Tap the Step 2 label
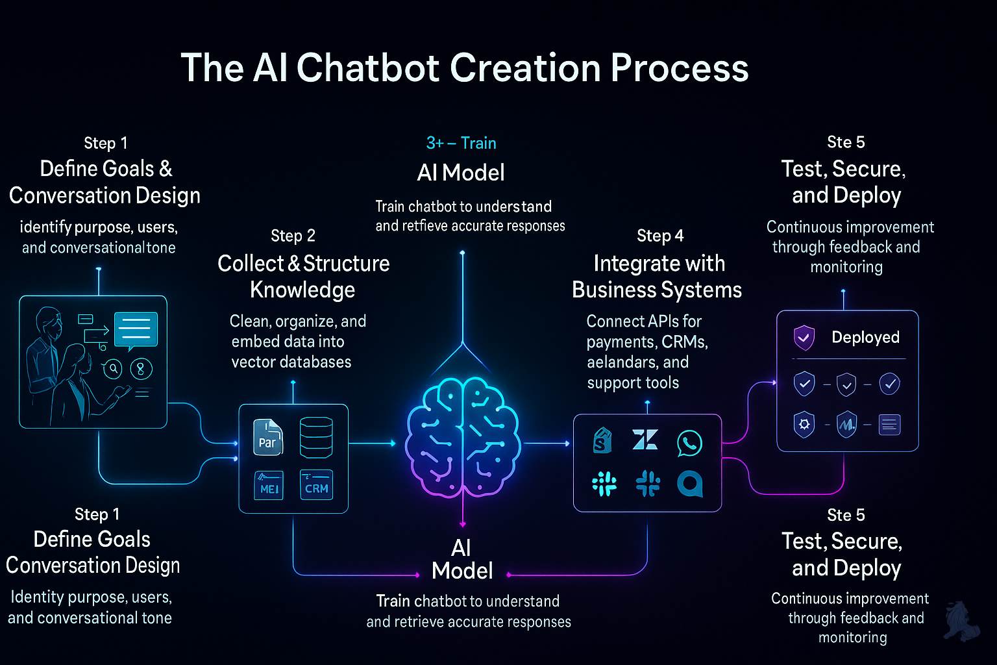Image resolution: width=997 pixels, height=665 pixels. click(293, 236)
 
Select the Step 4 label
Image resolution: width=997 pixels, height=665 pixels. click(660, 236)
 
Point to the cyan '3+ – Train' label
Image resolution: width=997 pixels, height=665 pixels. click(461, 143)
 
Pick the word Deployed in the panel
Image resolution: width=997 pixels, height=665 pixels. click(865, 337)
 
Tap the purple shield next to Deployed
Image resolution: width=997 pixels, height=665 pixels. click(804, 338)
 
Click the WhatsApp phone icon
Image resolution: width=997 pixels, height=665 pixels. click(689, 443)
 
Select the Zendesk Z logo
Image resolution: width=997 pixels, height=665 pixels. click(645, 440)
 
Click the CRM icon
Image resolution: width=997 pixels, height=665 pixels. click(316, 485)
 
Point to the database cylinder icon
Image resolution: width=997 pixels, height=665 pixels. click(316, 437)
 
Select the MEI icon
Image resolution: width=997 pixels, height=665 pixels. click(268, 486)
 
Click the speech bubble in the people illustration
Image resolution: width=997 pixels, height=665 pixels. click(136, 330)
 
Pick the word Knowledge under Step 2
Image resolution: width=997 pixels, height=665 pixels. click(302, 290)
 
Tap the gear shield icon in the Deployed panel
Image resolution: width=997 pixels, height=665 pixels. click(804, 425)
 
